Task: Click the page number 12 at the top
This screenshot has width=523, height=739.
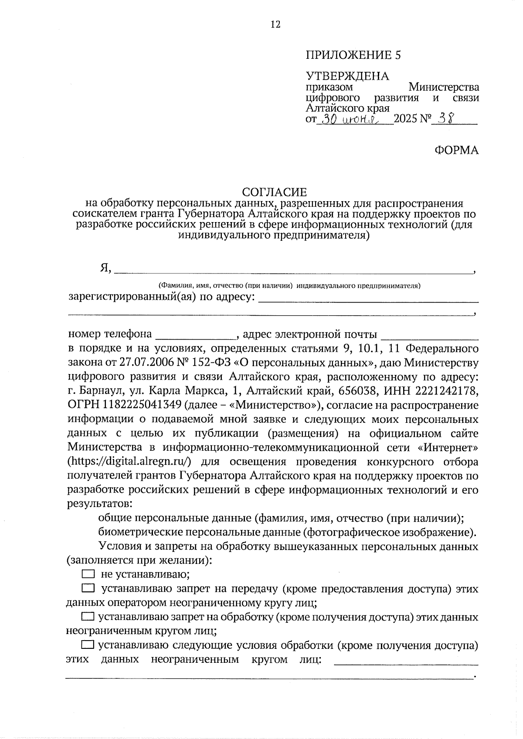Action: click(x=275, y=24)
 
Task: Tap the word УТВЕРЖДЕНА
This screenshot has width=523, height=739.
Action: click(x=347, y=76)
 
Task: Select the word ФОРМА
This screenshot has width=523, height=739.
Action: click(x=456, y=151)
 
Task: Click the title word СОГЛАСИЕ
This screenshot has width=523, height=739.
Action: click(x=275, y=192)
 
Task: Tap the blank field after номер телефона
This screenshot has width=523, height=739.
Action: click(x=195, y=335)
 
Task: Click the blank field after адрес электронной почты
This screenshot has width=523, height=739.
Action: click(x=430, y=335)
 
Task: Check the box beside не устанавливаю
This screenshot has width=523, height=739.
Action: click(x=88, y=574)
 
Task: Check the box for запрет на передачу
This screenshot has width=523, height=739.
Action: click(x=88, y=589)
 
